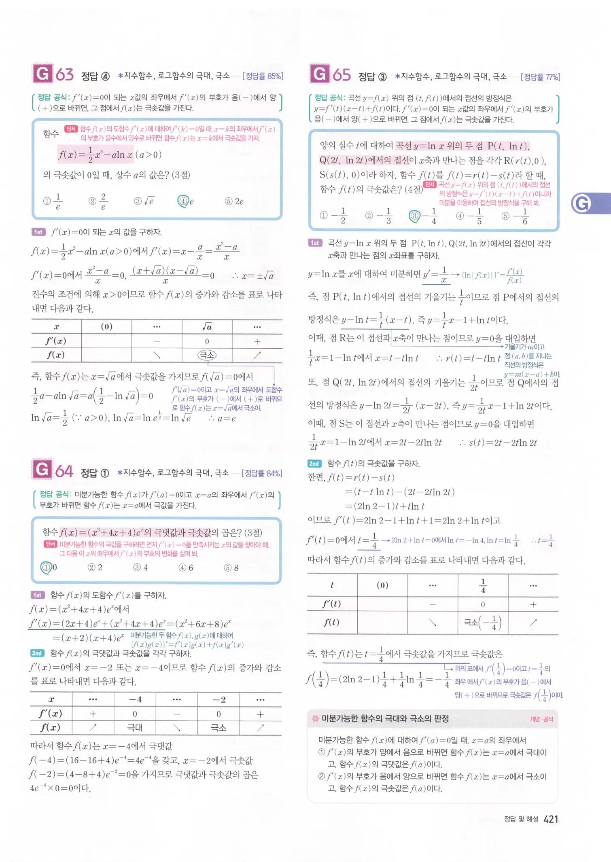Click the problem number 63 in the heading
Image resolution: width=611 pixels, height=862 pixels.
pyautogui.click(x=64, y=74)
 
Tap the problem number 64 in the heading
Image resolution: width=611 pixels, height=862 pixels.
pyautogui.click(x=64, y=471)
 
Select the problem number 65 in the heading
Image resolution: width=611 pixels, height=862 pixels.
pyautogui.click(x=342, y=75)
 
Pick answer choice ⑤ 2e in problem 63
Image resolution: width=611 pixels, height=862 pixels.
pyautogui.click(x=234, y=201)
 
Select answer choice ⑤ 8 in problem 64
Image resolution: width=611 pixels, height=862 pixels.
pyautogui.click(x=231, y=568)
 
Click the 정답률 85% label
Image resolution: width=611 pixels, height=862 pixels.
pyautogui.click(x=263, y=76)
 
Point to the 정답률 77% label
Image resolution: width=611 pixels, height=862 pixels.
pyautogui.click(x=540, y=77)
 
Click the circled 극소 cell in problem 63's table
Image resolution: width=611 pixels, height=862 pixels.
pyautogui.click(x=207, y=355)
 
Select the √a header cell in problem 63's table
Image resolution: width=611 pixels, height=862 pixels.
pyautogui.click(x=207, y=326)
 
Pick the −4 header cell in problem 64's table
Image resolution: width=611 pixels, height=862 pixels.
pyautogui.click(x=135, y=699)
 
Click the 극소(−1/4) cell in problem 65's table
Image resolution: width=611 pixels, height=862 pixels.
pyautogui.click(x=483, y=623)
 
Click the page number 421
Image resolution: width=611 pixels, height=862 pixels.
pyautogui.click(x=551, y=820)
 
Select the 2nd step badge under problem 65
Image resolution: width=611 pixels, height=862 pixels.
pyautogui.click(x=314, y=464)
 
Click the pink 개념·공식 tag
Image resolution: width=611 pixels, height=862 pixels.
pyautogui.click(x=541, y=719)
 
